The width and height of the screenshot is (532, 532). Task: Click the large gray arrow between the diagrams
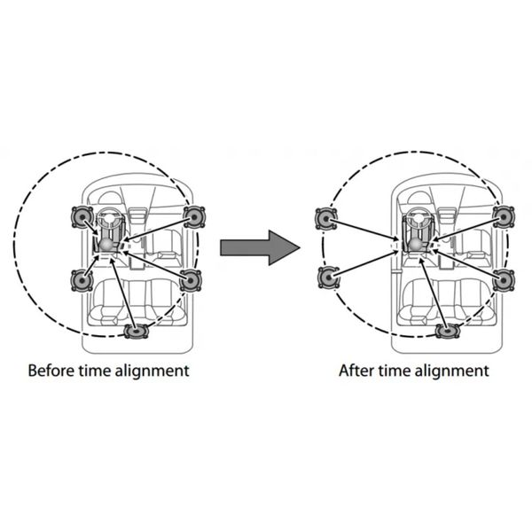click(260, 246)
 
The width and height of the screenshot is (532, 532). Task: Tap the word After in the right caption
click(357, 370)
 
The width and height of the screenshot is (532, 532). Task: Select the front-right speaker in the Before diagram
click(196, 216)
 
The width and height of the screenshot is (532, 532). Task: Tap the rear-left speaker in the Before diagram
click(82, 280)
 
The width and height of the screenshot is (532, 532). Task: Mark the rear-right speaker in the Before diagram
click(191, 280)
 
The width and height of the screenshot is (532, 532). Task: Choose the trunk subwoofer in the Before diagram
click(136, 332)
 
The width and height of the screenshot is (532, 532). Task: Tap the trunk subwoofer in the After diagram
click(447, 332)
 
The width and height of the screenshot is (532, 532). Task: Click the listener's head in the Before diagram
click(108, 241)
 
